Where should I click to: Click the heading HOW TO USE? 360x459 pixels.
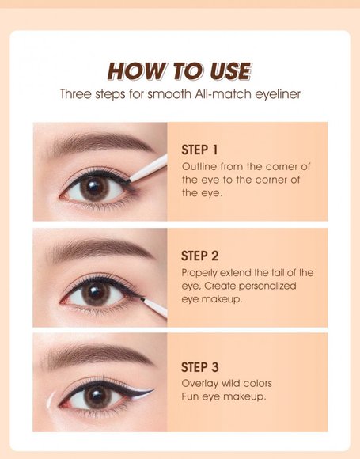[x=180, y=71]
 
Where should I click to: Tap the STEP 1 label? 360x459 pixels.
[x=199, y=150]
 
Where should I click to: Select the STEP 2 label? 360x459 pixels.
[x=199, y=256]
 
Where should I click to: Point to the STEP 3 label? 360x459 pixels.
[x=199, y=366]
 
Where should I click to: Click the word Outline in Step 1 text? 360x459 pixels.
[x=199, y=166]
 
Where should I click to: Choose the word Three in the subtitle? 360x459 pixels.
[x=75, y=93]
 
